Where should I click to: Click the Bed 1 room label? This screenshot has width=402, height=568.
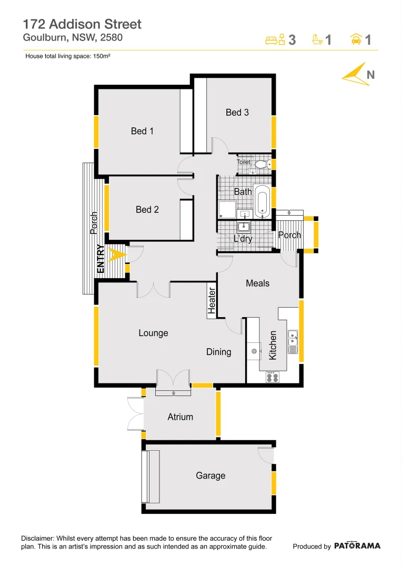click(142, 131)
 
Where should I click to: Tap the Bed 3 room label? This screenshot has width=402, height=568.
click(237, 112)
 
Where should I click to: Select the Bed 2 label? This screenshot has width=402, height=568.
click(147, 209)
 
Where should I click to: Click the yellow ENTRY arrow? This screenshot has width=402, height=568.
click(117, 254)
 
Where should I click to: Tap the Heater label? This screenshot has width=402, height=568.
click(212, 301)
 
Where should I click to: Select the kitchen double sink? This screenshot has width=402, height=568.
click(293, 342)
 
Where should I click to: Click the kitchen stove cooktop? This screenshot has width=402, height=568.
click(273, 376)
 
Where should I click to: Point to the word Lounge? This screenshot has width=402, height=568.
click(153, 333)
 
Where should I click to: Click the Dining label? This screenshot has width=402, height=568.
click(218, 352)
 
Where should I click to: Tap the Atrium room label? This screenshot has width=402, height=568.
click(180, 417)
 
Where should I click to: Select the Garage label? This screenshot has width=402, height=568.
click(210, 475)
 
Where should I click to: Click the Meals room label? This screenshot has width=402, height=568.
click(257, 283)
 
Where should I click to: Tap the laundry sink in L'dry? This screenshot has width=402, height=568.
click(244, 227)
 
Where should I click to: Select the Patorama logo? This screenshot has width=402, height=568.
click(357, 546)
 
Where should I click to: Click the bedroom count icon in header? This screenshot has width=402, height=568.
click(276, 39)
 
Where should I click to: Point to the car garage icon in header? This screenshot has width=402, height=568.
click(356, 39)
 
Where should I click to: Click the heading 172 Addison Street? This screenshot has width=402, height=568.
click(82, 24)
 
